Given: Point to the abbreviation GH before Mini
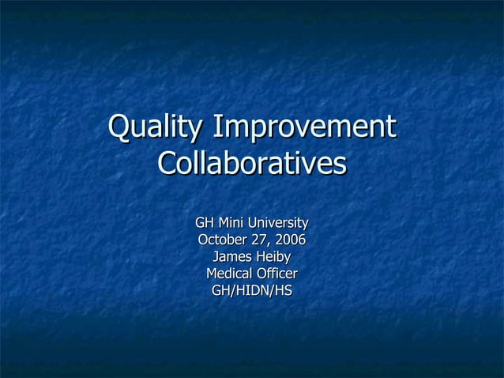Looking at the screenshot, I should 205,222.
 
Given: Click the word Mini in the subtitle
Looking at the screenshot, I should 232,222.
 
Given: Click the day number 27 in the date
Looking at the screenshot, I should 265,240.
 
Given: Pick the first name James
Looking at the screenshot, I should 232,257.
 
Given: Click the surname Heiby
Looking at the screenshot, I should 273,257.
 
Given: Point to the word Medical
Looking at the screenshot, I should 230,274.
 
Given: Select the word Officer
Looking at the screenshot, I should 276,274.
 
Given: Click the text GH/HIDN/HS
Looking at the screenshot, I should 252,291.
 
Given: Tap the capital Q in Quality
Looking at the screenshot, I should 119,128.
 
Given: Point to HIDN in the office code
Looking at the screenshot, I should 252,291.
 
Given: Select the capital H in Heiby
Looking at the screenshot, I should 259,257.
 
